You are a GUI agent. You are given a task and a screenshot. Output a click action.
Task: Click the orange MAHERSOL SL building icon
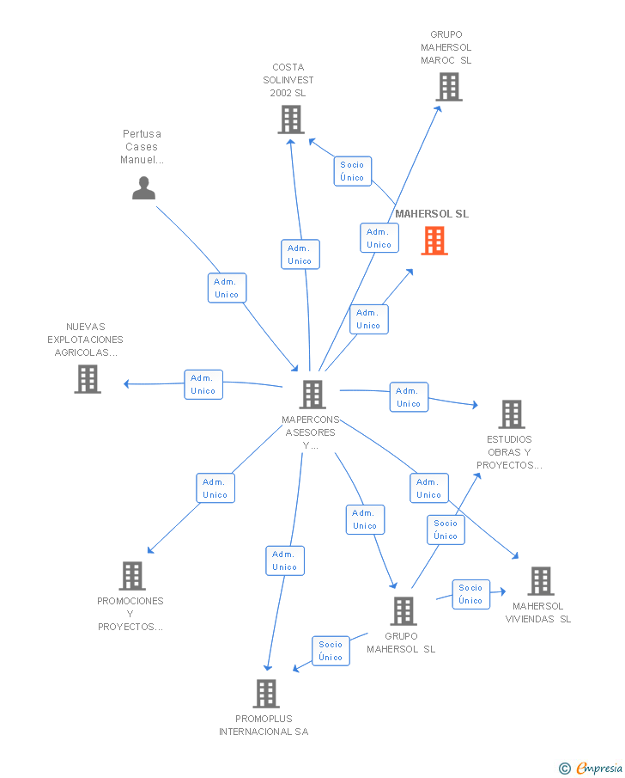(434, 241)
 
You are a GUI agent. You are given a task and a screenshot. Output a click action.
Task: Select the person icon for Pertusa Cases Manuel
(143, 187)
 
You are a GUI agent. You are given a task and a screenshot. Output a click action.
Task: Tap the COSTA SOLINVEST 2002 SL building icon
(291, 119)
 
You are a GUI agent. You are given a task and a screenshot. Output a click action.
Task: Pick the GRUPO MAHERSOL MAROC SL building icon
(448, 87)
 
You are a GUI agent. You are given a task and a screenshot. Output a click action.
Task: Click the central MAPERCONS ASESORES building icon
(312, 395)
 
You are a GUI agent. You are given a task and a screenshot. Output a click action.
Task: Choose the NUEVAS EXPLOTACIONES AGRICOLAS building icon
(87, 379)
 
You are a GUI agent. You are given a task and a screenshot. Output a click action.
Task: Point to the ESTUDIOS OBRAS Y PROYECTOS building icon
(512, 414)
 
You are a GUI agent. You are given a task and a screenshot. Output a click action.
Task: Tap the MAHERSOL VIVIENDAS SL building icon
(540, 581)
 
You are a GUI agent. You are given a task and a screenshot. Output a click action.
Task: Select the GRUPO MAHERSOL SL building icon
(403, 611)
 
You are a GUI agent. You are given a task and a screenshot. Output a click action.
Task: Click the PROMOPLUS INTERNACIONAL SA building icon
(266, 694)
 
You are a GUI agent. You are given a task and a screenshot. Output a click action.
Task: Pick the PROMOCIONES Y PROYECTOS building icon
(131, 576)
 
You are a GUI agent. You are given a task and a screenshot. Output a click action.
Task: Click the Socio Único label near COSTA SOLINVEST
(352, 171)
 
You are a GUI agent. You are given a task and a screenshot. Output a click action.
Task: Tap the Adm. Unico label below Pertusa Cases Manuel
(227, 288)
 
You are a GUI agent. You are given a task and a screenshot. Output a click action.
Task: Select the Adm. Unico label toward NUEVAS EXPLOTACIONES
(203, 384)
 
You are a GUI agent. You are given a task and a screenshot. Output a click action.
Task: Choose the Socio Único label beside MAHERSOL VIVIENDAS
(470, 594)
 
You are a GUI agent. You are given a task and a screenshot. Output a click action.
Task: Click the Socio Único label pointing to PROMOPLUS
(331, 651)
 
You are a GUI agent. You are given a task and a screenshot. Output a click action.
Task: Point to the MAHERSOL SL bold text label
(432, 214)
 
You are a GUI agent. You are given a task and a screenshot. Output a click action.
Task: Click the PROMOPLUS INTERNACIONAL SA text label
(264, 726)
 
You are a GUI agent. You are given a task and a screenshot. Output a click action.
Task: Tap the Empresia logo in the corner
(592, 768)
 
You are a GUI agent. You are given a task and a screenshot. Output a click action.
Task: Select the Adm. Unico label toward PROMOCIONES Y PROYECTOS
(215, 488)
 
